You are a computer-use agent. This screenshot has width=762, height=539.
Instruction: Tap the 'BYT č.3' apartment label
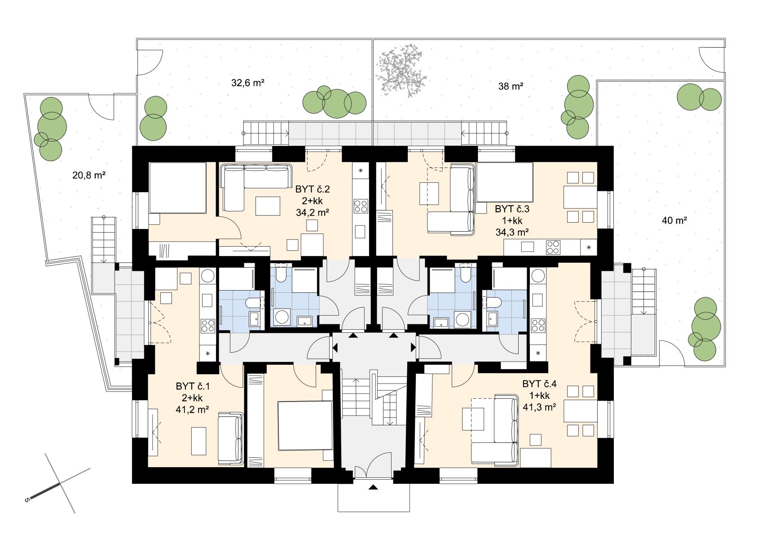pyautogui.click(x=512, y=208)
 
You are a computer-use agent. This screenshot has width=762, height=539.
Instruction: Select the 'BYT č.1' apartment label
pyautogui.click(x=193, y=386)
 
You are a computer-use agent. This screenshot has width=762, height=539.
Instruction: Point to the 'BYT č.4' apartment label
pyautogui.click(x=540, y=384)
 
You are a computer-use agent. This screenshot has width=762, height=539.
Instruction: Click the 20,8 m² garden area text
pyautogui.click(x=89, y=176)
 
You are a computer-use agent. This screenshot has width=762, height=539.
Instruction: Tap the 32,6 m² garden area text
pyautogui.click(x=248, y=83)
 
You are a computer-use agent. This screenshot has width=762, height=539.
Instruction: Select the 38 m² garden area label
pyautogui.click(x=511, y=86)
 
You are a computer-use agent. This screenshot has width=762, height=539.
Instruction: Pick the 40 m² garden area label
pyautogui.click(x=674, y=221)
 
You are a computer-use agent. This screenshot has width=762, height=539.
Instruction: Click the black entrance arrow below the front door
pyautogui.click(x=374, y=487)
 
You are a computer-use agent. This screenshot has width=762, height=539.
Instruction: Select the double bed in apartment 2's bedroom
pyautogui.click(x=177, y=188)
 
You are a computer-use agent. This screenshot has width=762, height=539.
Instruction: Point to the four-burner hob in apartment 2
pyautogui.click(x=361, y=206)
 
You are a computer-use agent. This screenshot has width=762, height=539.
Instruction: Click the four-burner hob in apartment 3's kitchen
pyautogui.click(x=553, y=247)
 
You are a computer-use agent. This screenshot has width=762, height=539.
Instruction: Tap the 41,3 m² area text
pyautogui.click(x=540, y=406)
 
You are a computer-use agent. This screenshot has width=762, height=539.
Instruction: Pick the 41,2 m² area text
pyautogui.click(x=192, y=409)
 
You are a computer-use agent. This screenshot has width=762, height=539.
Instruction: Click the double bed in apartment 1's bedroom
pyautogui.click(x=305, y=425)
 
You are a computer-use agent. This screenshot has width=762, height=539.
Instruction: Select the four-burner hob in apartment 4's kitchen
pyautogui.click(x=538, y=325)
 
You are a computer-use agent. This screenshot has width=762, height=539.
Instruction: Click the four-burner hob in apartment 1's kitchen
pyautogui.click(x=208, y=326)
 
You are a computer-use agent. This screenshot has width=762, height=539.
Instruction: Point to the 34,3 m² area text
pyautogui.click(x=512, y=232)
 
